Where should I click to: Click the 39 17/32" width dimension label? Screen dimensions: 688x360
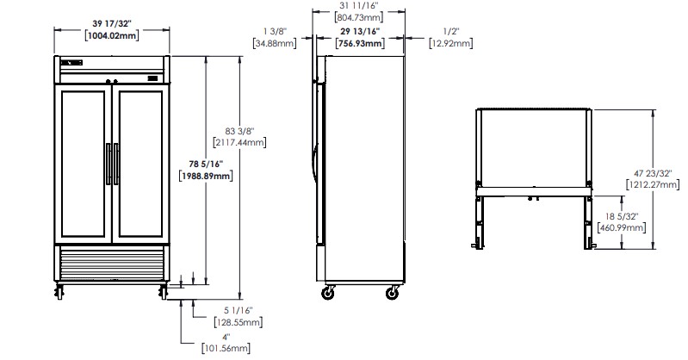[111, 24]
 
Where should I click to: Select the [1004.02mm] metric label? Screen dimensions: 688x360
[111, 35]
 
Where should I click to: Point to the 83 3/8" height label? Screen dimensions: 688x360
[239, 131]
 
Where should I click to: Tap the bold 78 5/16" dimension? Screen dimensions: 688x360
[206, 164]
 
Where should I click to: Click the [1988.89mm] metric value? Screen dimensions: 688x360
[206, 176]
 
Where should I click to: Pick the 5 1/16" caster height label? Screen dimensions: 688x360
[239, 311]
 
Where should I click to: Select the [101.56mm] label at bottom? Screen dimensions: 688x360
[226, 349]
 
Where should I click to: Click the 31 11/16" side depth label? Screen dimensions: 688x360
[359, 6]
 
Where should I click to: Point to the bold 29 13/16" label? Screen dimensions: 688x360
[360, 31]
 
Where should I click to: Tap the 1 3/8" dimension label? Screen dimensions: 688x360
[275, 31]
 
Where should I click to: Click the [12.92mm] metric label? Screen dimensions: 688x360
[451, 43]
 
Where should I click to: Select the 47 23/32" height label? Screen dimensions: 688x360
[653, 173]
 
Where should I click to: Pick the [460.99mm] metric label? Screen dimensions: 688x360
[622, 228]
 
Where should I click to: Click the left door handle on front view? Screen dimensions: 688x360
[108, 164]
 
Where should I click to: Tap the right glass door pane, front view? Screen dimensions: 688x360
[141, 164]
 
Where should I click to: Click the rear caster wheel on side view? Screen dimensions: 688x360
[393, 293]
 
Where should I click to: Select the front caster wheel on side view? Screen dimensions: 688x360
[328, 293]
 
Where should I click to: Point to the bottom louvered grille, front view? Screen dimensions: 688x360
[112, 264]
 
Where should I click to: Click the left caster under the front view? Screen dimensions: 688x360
[59, 291]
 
